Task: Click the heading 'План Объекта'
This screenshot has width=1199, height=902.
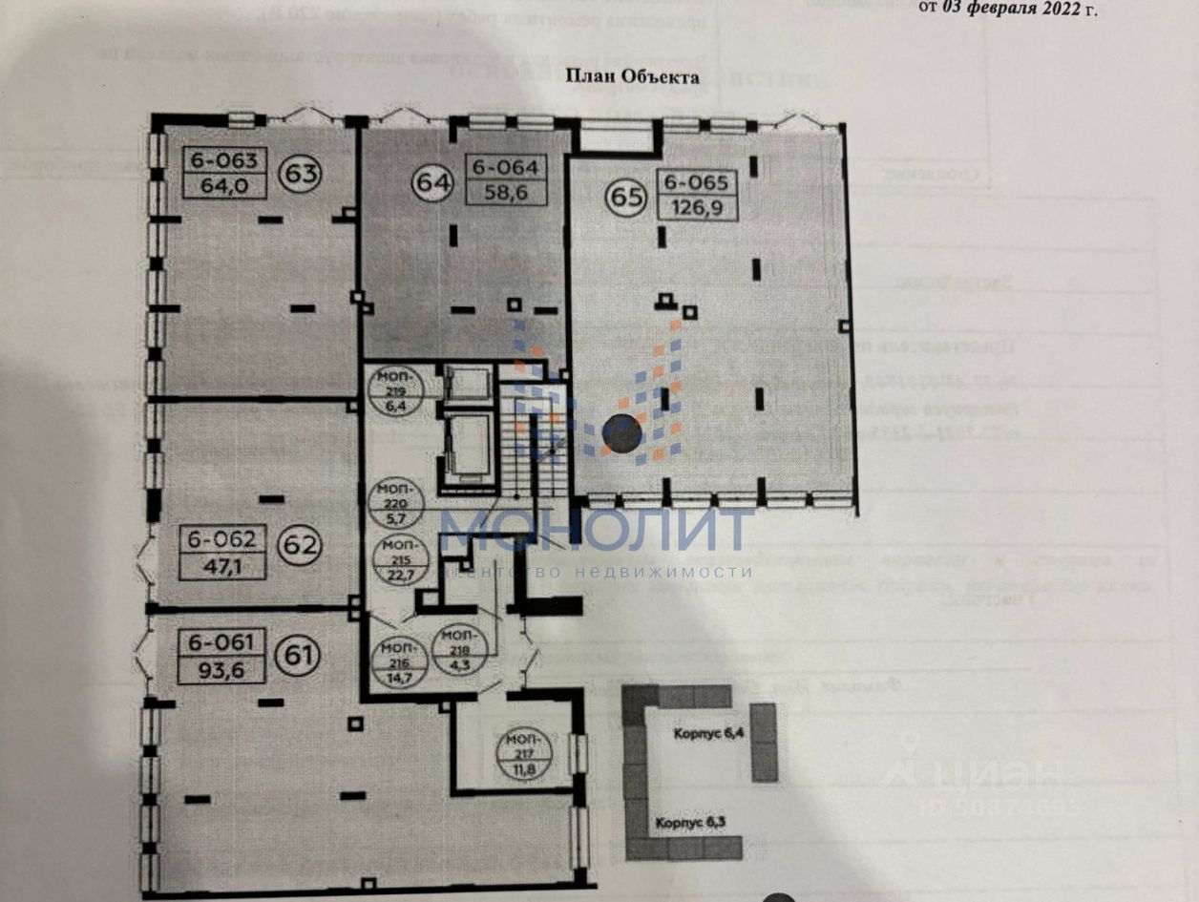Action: [x=634, y=77]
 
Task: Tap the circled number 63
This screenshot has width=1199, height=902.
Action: [x=299, y=174]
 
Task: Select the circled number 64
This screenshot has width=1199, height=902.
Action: [x=432, y=181]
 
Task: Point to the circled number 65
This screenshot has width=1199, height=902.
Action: [x=626, y=197]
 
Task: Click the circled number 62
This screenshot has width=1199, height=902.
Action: [x=299, y=545]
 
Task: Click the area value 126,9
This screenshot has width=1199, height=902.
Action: [x=696, y=207]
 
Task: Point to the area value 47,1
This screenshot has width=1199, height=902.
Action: [x=221, y=563]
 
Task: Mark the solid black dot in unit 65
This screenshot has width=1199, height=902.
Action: [x=621, y=435]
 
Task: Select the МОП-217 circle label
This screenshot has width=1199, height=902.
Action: [x=521, y=757]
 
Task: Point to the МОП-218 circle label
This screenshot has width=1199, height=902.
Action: [x=459, y=650]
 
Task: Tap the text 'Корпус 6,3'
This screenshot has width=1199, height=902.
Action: [x=690, y=823]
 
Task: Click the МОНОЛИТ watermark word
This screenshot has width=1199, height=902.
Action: [x=596, y=531]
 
